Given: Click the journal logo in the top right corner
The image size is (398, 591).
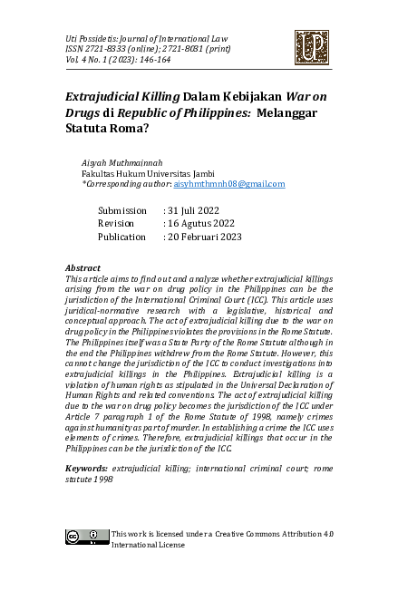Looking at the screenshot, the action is (311, 48).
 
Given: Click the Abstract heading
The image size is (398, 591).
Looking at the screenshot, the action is (83, 269).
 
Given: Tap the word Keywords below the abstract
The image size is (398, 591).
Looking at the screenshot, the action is (87, 468).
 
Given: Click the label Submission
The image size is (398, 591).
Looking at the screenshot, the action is (121, 209).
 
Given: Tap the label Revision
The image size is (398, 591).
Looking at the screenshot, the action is (116, 223).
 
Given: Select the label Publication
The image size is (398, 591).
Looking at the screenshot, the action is (121, 237).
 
